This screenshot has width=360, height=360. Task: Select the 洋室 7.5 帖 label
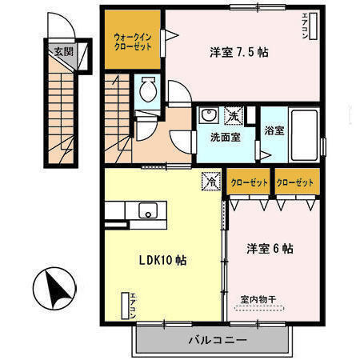click(238, 53)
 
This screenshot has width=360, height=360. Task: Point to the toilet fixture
click(146, 90)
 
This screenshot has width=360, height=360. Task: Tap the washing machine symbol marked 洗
click(234, 116)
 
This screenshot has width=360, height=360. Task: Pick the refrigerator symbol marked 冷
click(210, 182)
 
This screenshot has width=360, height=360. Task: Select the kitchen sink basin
click(148, 210)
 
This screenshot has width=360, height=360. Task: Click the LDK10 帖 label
click(162, 261)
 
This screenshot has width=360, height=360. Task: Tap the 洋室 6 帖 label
click(270, 249)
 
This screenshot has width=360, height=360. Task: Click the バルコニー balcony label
click(217, 339)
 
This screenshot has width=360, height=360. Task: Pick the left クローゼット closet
click(248, 182)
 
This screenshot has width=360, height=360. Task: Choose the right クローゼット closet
click(295, 182)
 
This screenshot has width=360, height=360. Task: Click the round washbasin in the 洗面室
click(206, 114)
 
